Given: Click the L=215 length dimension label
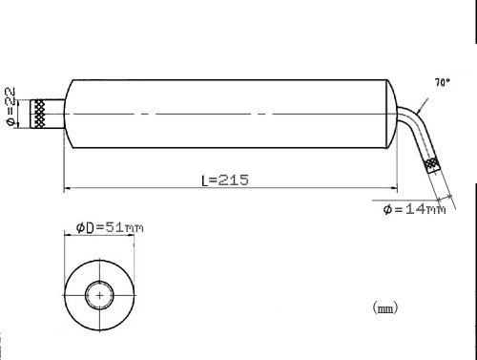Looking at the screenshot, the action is pos(225,180).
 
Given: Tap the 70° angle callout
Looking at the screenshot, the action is pos(443,82).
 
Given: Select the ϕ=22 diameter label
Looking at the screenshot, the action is pos(10,107).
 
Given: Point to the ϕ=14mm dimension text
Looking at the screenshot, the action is pos(414,209).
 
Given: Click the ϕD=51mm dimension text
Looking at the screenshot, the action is pos(110,227).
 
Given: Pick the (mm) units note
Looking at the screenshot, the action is pos(385,307).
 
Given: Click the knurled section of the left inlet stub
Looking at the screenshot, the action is pos(38,114).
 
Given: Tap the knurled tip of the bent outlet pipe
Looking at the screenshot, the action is pos(432,165).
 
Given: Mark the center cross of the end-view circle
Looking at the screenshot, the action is pos(99,295).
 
